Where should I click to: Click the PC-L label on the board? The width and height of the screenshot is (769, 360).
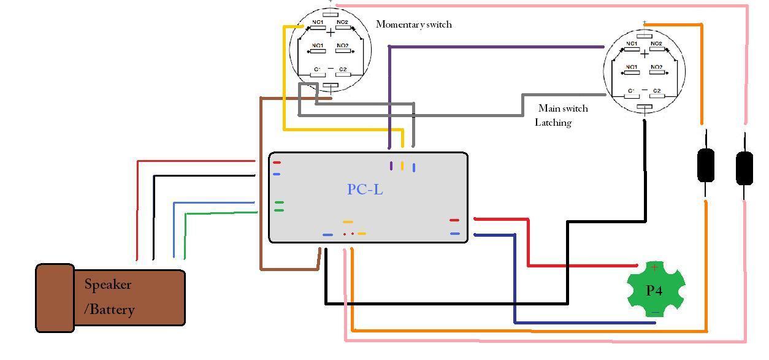coord(365,190)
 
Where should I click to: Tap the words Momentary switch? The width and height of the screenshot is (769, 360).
coord(413,25)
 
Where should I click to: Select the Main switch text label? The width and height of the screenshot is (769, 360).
coord(562,109)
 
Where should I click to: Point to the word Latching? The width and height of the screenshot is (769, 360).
coord(553,123)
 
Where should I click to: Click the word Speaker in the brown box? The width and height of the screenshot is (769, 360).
coord(108,285)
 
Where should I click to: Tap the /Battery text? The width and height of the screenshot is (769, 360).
coord(109,309)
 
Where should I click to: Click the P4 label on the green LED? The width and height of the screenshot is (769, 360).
coord(654,291)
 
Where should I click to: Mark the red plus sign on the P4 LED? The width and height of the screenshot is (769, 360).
coord(654,267)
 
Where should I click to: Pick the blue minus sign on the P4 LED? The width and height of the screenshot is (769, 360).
coord(655,313)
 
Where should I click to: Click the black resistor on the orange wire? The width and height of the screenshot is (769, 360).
coord(706,165)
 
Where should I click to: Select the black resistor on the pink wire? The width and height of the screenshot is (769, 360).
coord(744,167)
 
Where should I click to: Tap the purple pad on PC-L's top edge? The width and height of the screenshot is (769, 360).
coord(391,166)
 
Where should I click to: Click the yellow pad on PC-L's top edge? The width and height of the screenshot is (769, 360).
coord(402,166)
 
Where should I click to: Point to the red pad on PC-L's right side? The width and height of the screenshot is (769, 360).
coord(454,220)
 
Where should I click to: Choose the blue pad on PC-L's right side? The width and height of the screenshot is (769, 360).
coord(454,234)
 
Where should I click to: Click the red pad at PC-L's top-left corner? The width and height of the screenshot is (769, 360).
coord(277,163)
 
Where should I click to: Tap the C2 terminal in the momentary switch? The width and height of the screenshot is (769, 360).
coord(342,71)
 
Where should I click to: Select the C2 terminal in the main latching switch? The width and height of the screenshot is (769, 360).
coord(656,91)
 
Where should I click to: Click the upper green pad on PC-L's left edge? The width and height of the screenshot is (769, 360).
coord(279,202)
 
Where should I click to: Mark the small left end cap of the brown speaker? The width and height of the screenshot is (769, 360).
coord(55,298)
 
